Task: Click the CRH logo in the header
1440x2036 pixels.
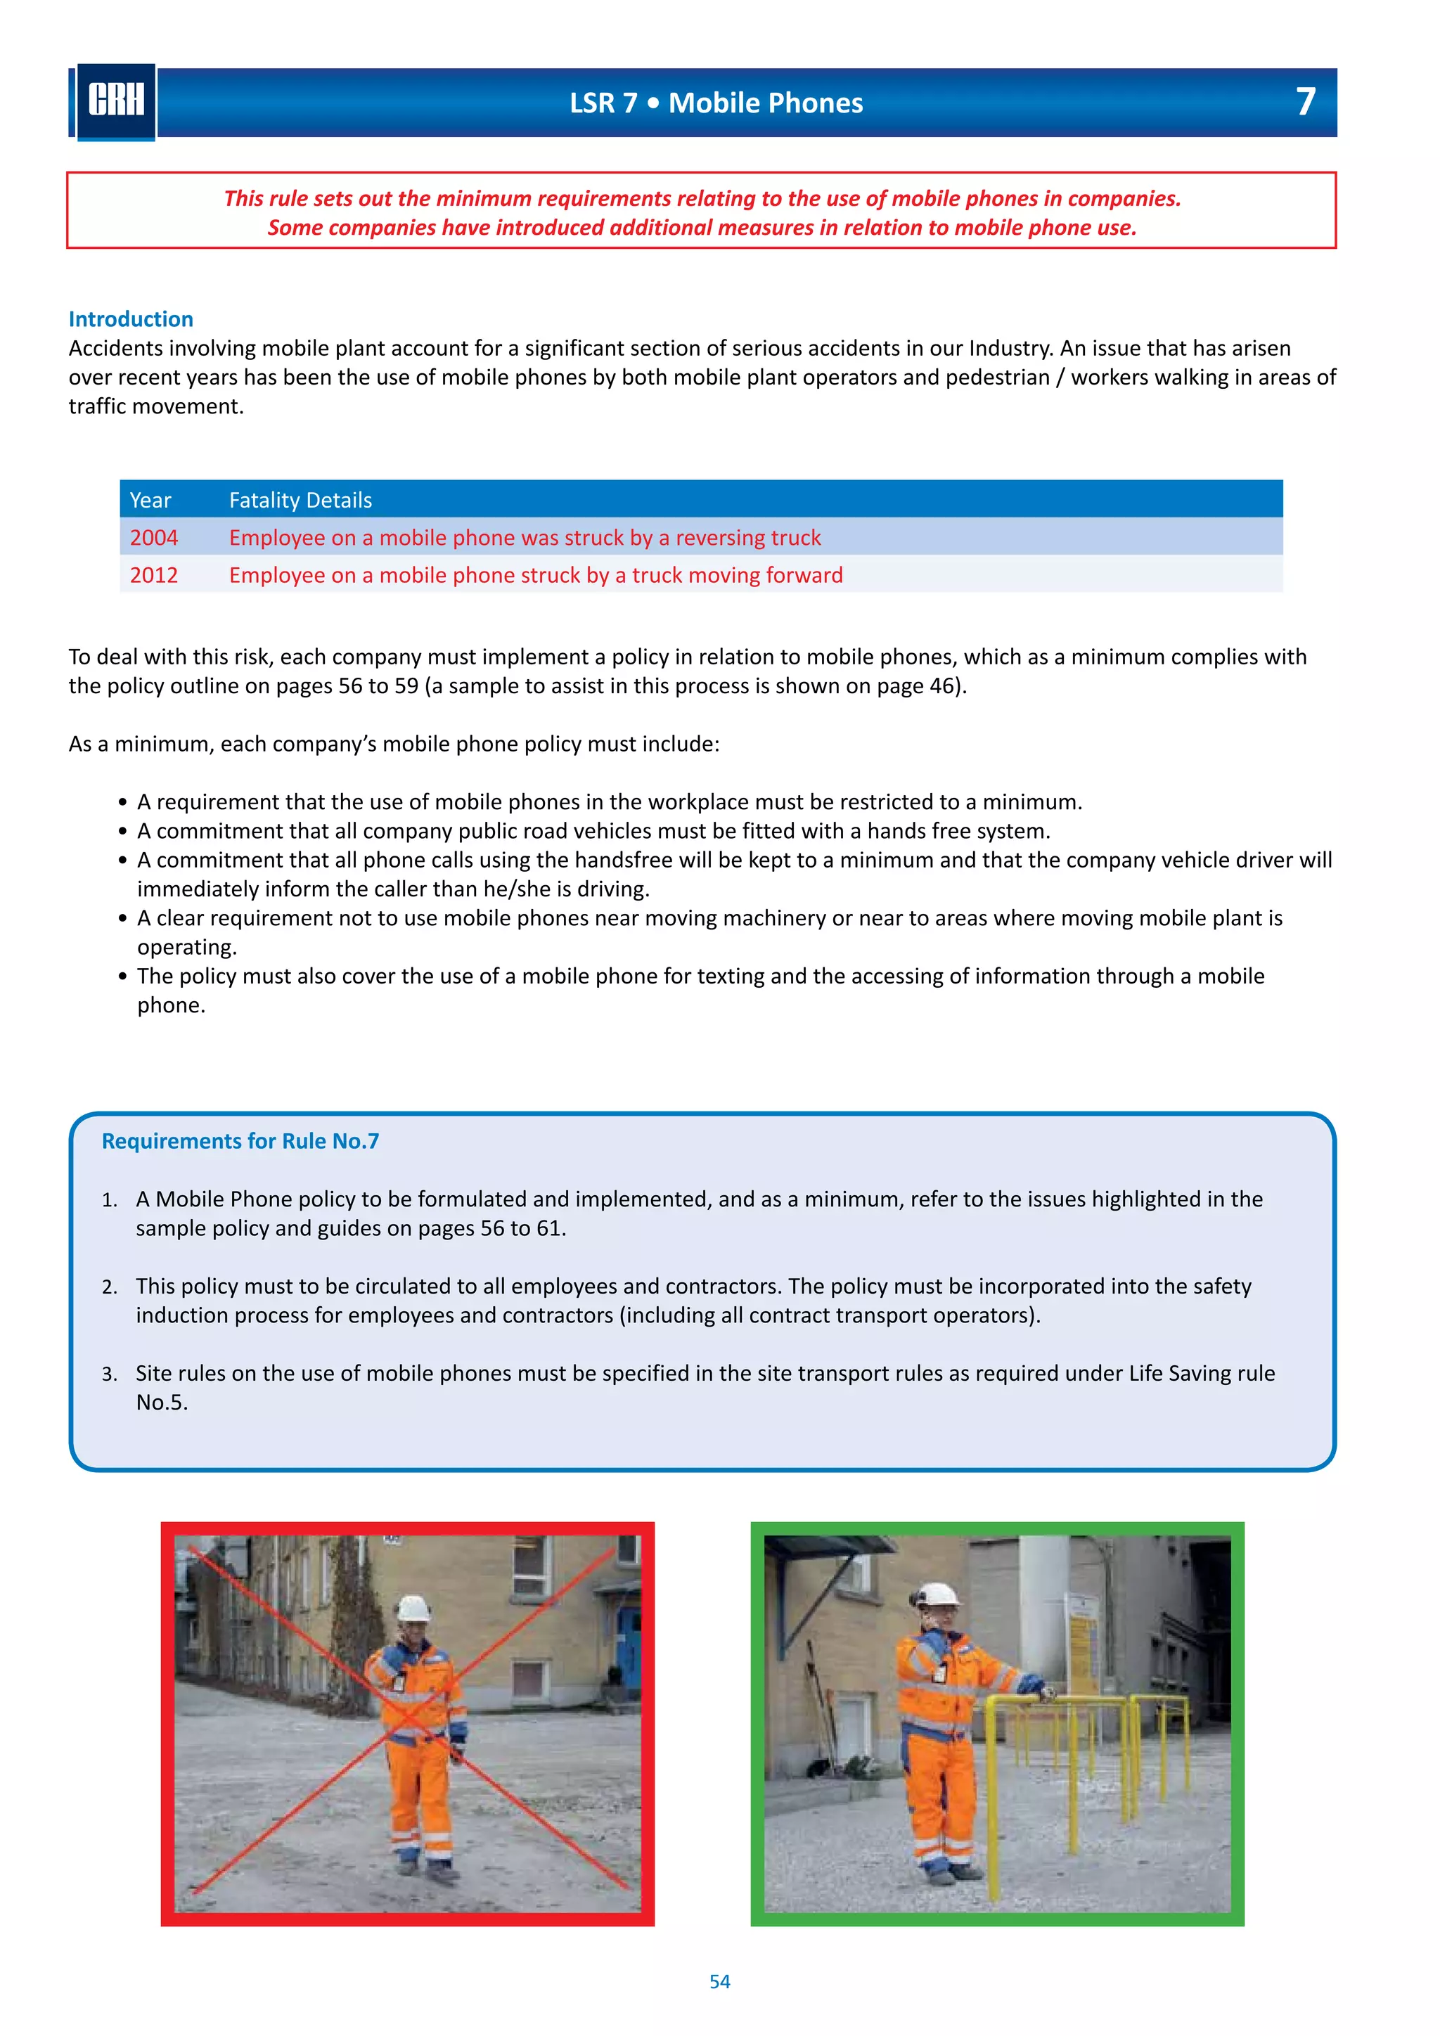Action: [x=115, y=101]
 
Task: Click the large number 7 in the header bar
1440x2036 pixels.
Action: [x=1304, y=102]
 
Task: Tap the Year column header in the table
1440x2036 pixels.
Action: [x=150, y=500]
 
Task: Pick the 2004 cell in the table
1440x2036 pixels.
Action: [x=153, y=537]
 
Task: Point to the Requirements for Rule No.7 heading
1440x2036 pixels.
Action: [x=240, y=1140]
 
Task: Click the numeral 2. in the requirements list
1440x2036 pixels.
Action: [x=109, y=1287]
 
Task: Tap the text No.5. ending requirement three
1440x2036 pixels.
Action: [x=162, y=1402]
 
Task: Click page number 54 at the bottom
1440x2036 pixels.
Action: [x=719, y=1981]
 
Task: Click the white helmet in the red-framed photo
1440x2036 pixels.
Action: [x=413, y=1607]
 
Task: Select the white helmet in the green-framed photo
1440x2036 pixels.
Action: [x=939, y=1594]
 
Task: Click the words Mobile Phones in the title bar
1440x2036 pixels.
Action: [x=765, y=103]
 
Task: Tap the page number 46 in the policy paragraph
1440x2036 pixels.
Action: [x=941, y=685]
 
